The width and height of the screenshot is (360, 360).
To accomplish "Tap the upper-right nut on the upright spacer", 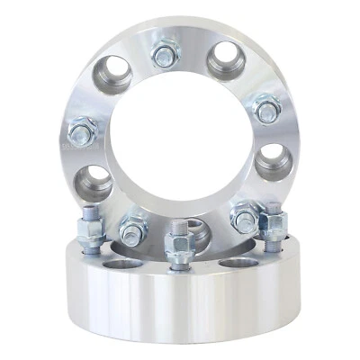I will [265, 109].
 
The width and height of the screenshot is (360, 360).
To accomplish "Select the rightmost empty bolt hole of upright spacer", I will [273, 163].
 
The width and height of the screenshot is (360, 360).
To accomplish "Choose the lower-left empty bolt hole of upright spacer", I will [93, 183].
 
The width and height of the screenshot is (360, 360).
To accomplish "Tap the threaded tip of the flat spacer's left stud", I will [90, 215].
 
